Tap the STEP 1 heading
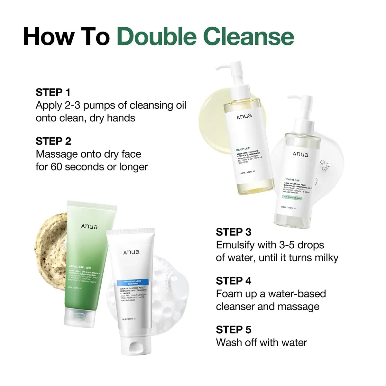[x=53, y=92]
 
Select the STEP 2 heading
[x=53, y=141]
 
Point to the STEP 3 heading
[x=234, y=232]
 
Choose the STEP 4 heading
[x=234, y=281]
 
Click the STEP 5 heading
[x=234, y=330]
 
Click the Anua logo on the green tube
[x=89, y=226]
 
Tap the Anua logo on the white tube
[x=131, y=252]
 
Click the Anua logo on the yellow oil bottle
[x=244, y=116]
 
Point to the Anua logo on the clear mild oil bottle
[x=300, y=154]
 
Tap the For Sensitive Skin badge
[x=292, y=198]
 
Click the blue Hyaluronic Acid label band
[x=132, y=283]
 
